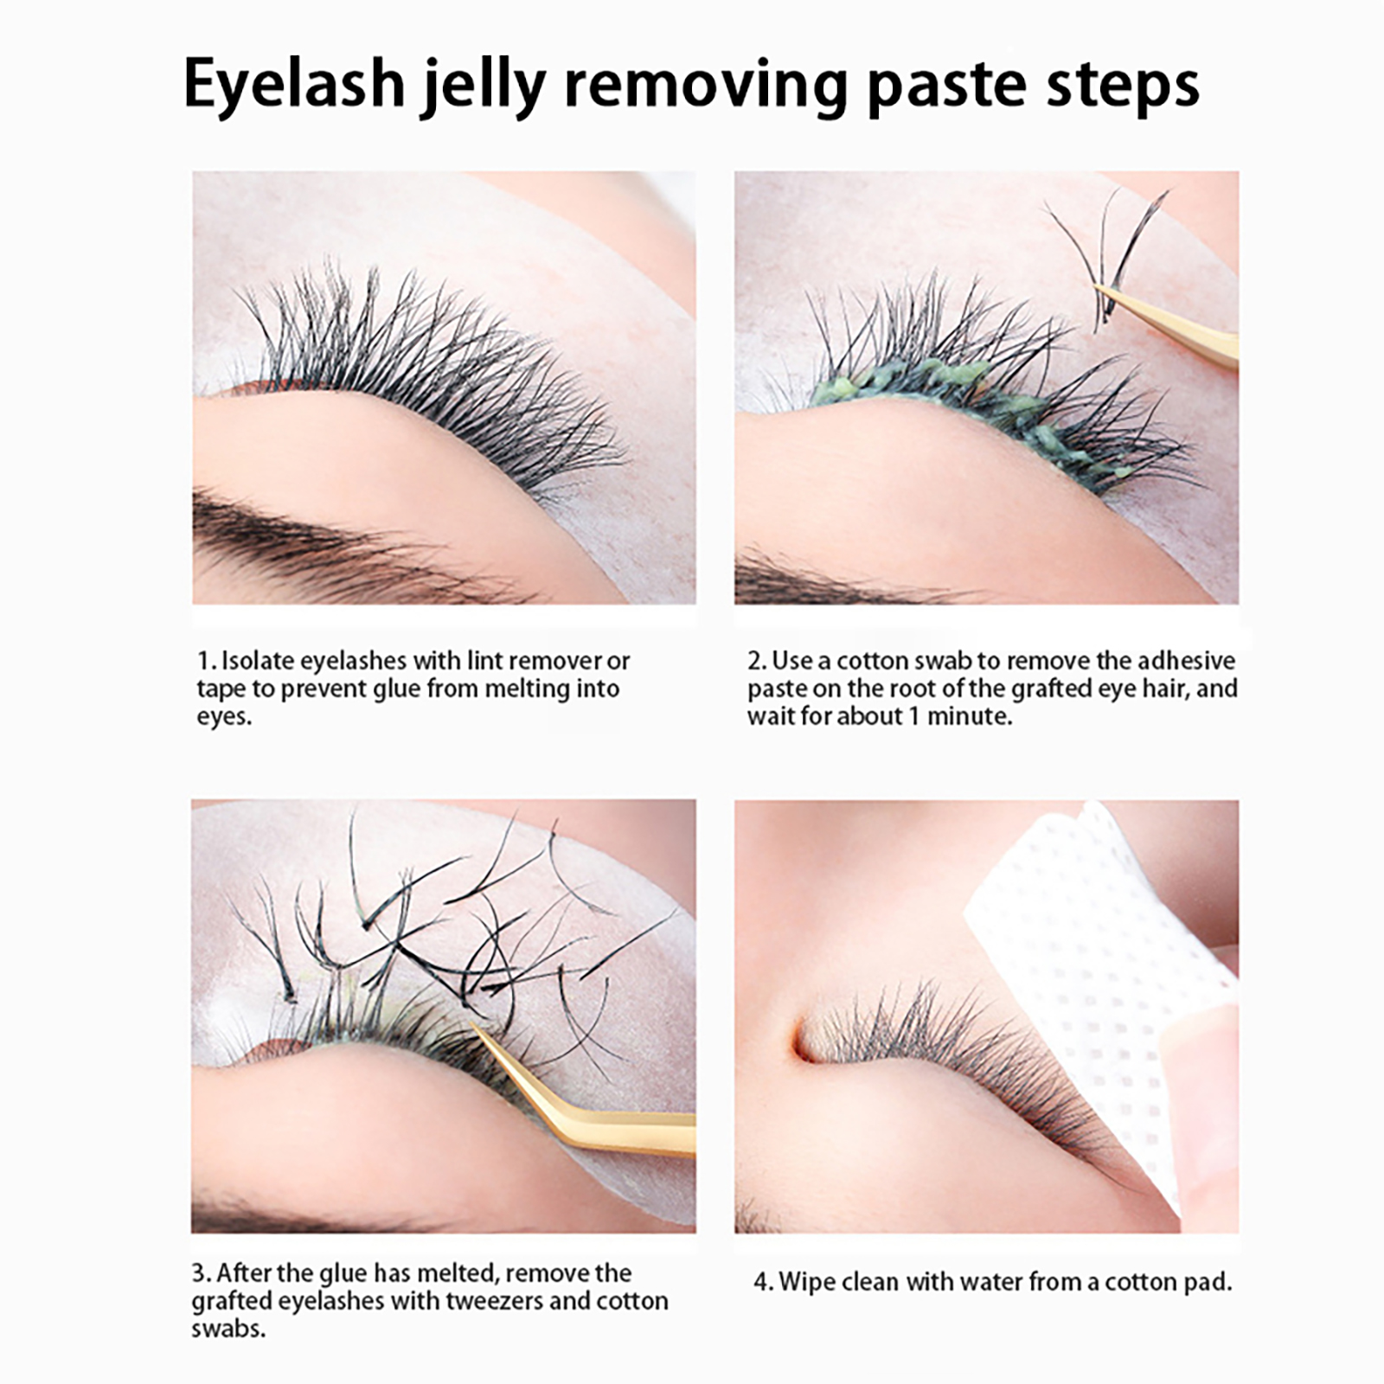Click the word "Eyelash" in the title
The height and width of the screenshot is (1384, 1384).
click(x=294, y=86)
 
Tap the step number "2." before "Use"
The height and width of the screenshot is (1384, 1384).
click(x=757, y=661)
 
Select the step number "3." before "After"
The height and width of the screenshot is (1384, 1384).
click(x=202, y=1273)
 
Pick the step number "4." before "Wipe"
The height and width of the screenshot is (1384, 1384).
click(x=764, y=1282)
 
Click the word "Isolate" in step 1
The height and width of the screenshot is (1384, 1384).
click(x=258, y=661)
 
